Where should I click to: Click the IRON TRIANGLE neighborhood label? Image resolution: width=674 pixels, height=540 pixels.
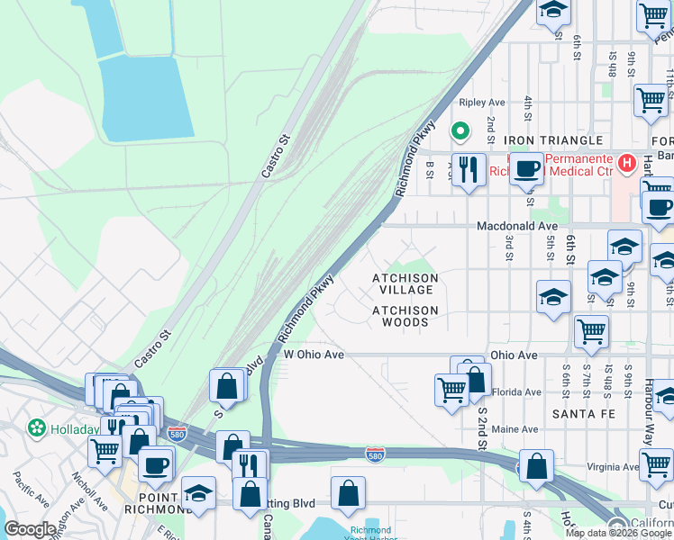(552, 141)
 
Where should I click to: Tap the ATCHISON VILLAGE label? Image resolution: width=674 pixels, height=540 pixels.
(405, 284)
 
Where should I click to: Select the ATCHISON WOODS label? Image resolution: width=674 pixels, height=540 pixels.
(405, 316)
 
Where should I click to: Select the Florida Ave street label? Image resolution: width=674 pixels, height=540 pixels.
(516, 391)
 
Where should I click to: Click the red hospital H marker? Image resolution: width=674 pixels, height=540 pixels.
(647, 164)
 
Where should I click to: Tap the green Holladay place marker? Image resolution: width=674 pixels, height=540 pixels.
(37, 427)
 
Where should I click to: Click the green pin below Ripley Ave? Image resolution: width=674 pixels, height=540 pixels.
(460, 132)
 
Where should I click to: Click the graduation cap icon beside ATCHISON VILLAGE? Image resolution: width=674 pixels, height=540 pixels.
(553, 297)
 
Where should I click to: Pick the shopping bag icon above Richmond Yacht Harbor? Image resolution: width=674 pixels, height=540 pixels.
(348, 492)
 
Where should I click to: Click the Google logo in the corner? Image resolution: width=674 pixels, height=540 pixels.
(29, 529)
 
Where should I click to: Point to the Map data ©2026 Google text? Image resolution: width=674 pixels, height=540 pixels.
(618, 533)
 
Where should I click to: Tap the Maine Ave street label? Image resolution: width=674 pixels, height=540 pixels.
(515, 429)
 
